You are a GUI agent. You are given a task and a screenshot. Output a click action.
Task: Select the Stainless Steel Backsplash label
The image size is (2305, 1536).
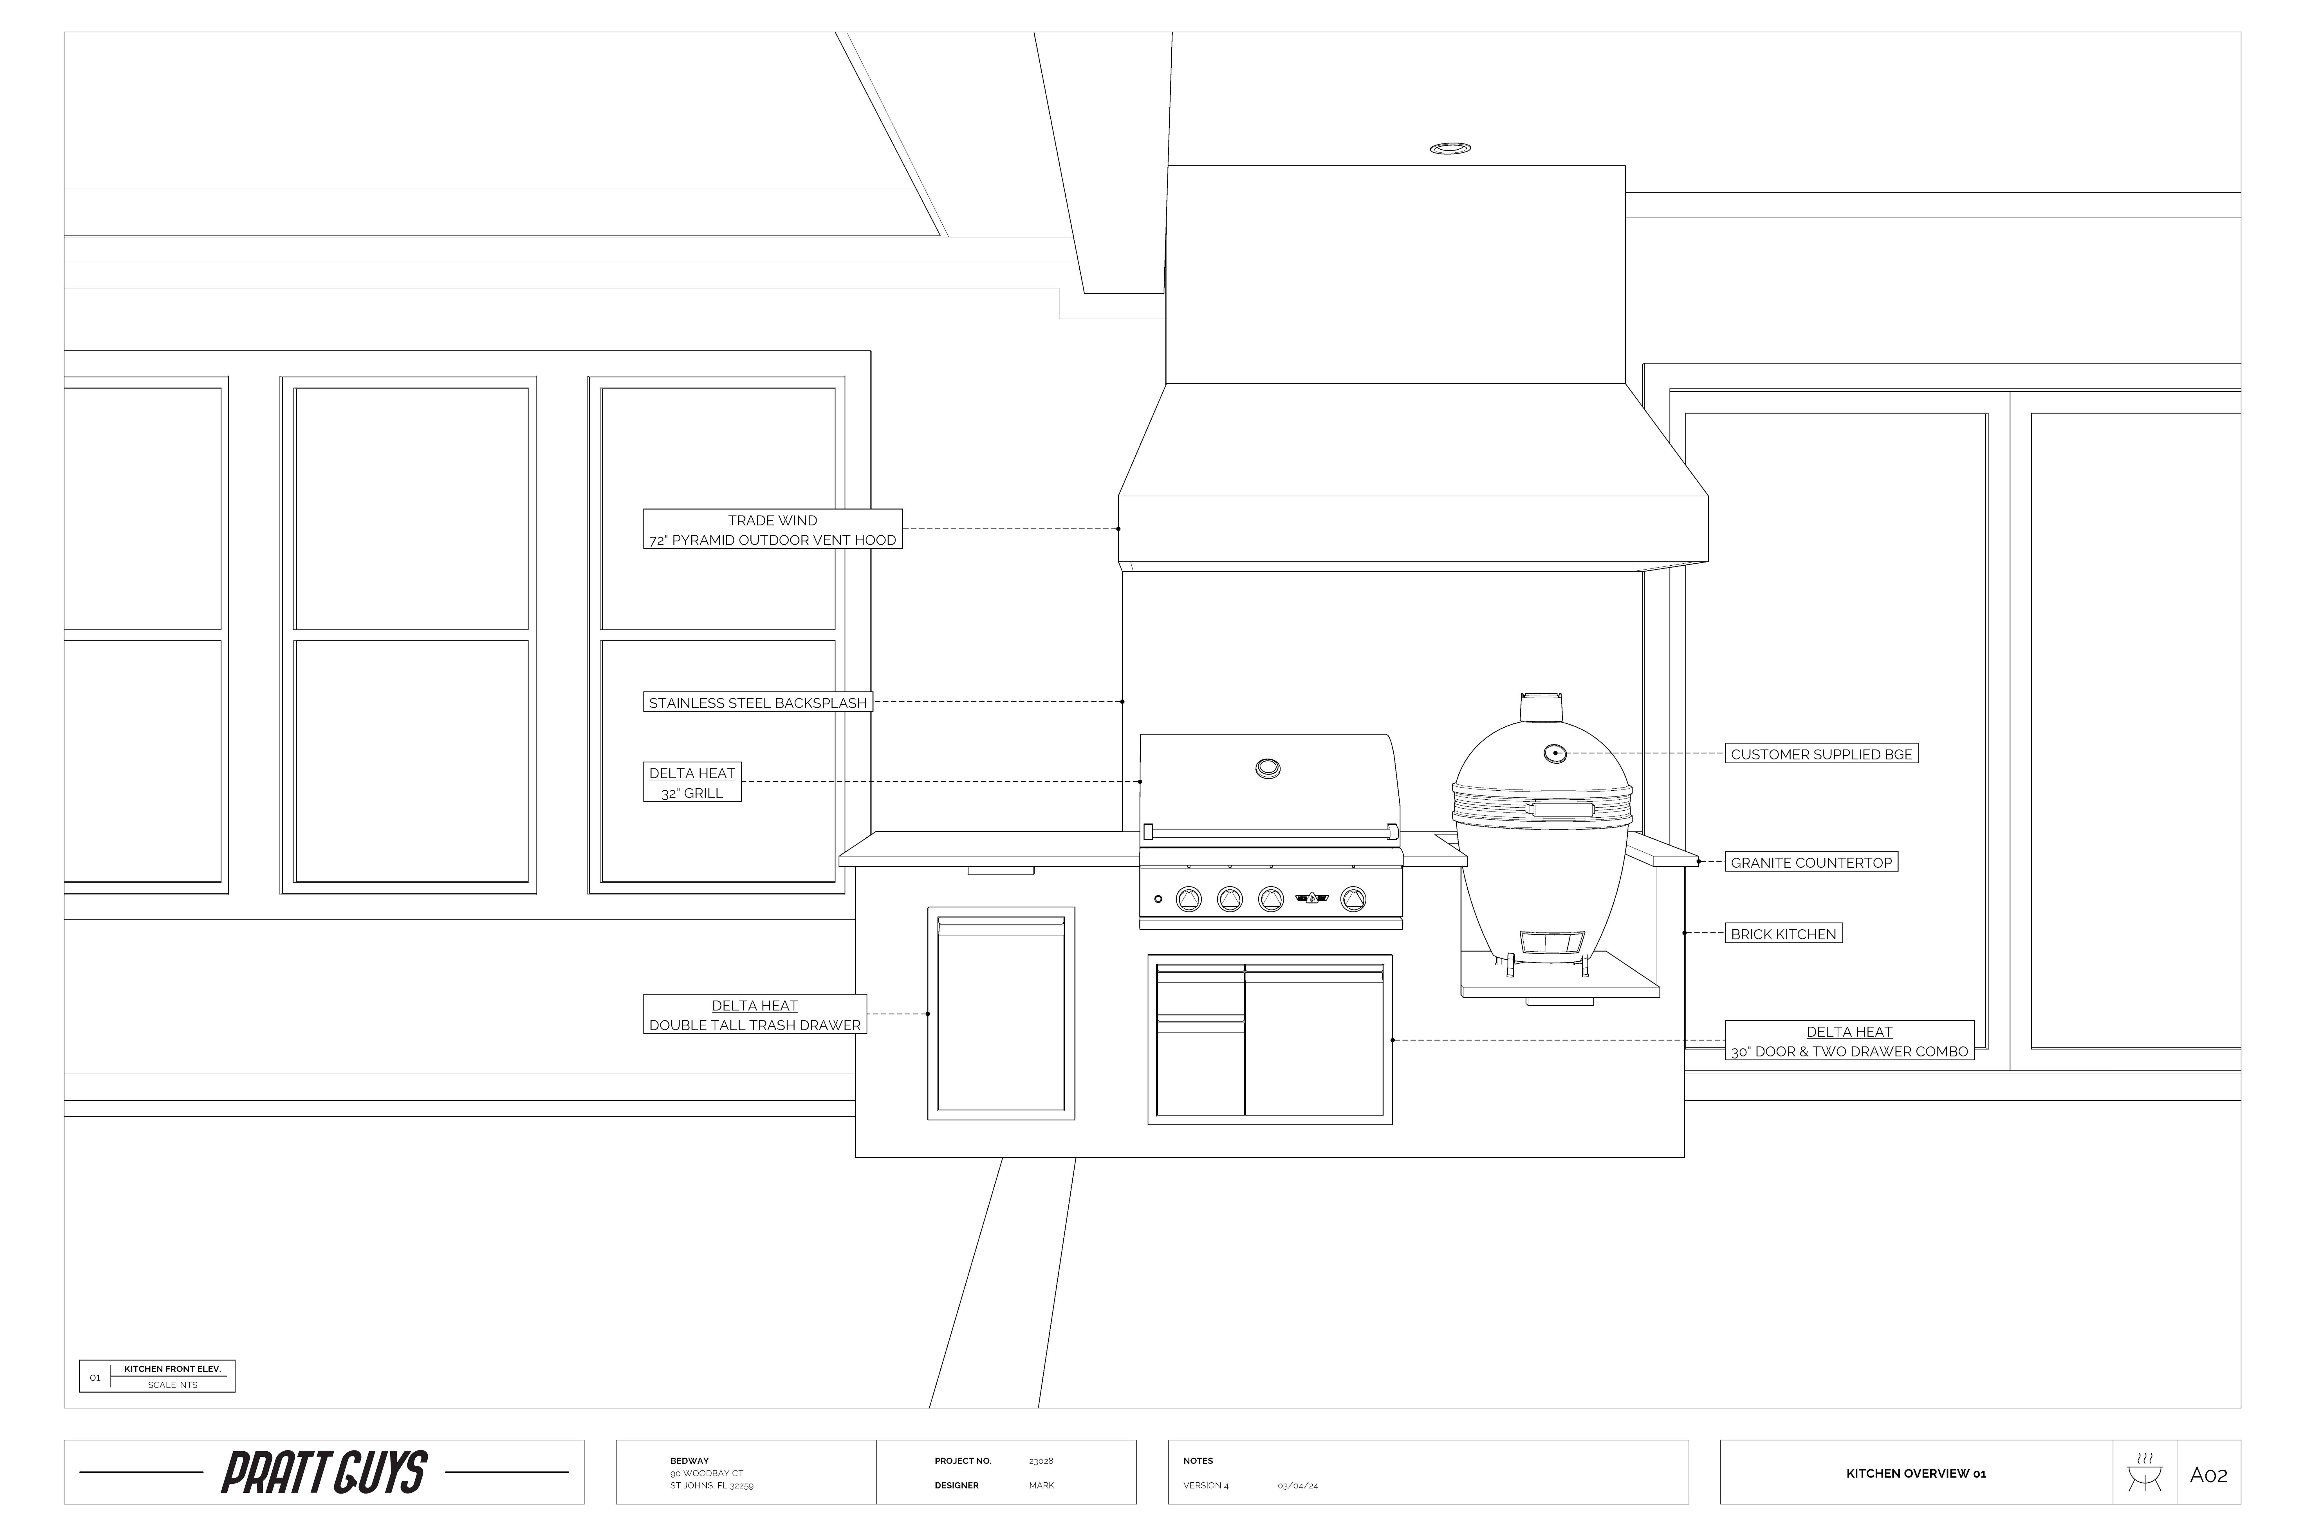coord(757,702)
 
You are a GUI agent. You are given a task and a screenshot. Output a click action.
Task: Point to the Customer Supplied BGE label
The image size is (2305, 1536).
coord(1821,754)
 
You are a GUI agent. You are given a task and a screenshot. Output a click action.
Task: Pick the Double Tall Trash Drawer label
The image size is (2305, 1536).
coord(755,1015)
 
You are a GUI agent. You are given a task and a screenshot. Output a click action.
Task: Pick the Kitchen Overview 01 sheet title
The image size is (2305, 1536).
coord(1916,1473)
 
